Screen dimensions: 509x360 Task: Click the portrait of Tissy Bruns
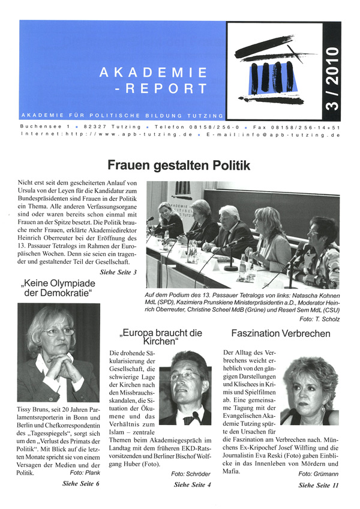(59, 353)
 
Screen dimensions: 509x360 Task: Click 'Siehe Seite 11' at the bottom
(318, 485)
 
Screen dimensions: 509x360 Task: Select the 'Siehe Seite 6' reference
(81, 483)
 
